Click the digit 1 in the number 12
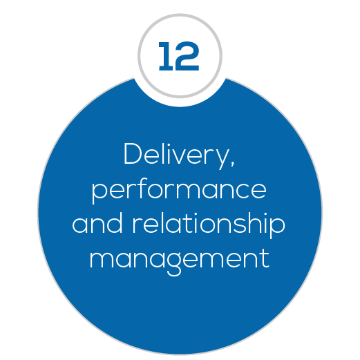click(x=167, y=56)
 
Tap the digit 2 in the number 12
click(x=187, y=56)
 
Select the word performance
click(x=179, y=190)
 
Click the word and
click(x=97, y=223)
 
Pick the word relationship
click(x=209, y=225)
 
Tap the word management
click(x=180, y=261)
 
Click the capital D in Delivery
click(x=133, y=153)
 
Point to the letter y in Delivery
click(x=222, y=160)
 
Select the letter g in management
click(x=173, y=265)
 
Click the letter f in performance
click(x=142, y=188)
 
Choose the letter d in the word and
click(x=113, y=223)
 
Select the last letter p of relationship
click(x=277, y=228)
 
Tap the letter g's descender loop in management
click(x=173, y=272)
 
